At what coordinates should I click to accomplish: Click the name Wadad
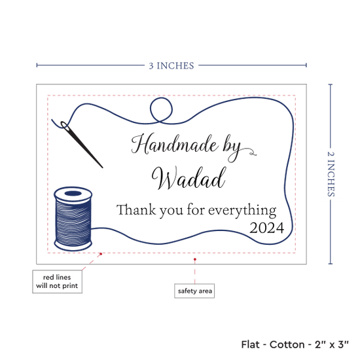coord(189,178)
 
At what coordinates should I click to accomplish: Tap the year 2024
coord(267,228)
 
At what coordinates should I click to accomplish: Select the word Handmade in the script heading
coord(175,144)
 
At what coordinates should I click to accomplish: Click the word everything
coord(242,211)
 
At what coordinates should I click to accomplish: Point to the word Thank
coord(136,209)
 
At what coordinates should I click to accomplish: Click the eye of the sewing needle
coord(65,126)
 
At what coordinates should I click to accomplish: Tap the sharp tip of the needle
coord(102,168)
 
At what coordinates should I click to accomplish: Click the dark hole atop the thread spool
coord(73,194)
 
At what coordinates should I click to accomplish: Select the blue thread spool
coord(73,219)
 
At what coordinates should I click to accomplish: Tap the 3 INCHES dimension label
coord(171,66)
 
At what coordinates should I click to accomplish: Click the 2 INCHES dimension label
coord(331,174)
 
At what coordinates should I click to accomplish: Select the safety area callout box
coord(194,291)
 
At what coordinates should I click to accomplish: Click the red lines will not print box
coord(57,281)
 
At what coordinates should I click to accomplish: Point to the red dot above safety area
coord(194,259)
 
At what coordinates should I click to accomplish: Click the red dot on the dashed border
coord(101,254)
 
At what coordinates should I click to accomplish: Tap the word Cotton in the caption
coord(287,344)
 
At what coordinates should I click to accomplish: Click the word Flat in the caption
coord(250,344)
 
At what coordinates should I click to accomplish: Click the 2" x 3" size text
coord(332,344)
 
